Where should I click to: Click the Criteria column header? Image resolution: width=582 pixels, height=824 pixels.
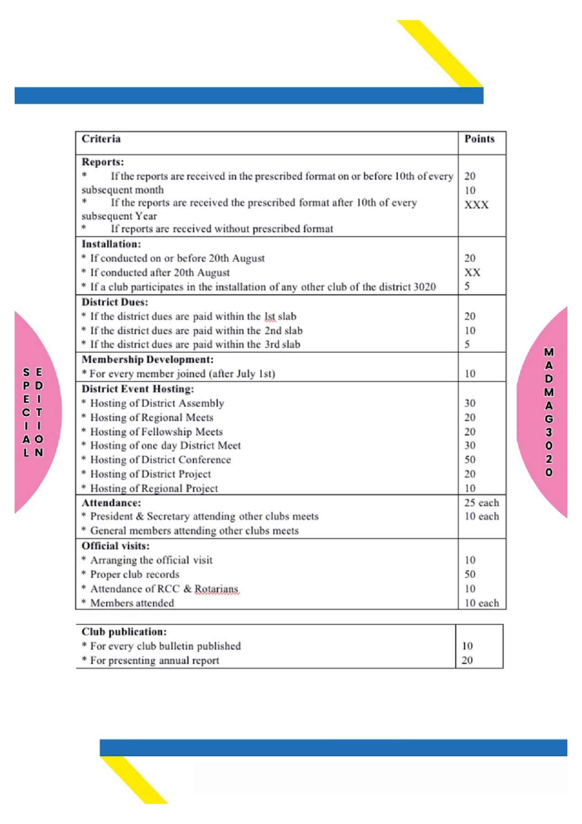coord(101,139)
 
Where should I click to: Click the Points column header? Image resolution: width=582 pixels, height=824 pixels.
coord(479,139)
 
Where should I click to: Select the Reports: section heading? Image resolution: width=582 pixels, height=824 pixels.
coord(102,162)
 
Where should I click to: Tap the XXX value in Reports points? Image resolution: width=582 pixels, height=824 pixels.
coord(476,205)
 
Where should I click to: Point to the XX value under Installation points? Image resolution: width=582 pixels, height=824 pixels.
coord(472,272)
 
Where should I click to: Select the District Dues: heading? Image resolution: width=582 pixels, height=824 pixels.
coord(115,302)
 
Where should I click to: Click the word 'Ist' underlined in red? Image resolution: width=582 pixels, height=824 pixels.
coord(269,316)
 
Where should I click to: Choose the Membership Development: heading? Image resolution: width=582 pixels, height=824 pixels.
coord(147,359)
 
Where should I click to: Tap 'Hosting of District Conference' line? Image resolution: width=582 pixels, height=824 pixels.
coord(160,460)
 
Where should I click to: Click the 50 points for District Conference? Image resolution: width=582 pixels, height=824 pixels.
coord(470,460)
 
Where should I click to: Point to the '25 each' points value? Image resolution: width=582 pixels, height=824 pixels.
coord(481,503)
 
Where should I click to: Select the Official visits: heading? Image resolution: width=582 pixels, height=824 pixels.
coord(115,546)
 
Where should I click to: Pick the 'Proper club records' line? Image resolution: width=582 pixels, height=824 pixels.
coord(135,575)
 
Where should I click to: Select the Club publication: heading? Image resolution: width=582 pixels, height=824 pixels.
coord(124,632)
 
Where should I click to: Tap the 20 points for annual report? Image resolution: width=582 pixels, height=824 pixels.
coord(467,660)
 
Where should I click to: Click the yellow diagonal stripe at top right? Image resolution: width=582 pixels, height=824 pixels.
coord(439,53)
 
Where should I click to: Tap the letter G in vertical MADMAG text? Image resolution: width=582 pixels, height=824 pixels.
coord(549,419)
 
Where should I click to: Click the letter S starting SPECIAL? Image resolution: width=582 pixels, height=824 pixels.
coord(27,373)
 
